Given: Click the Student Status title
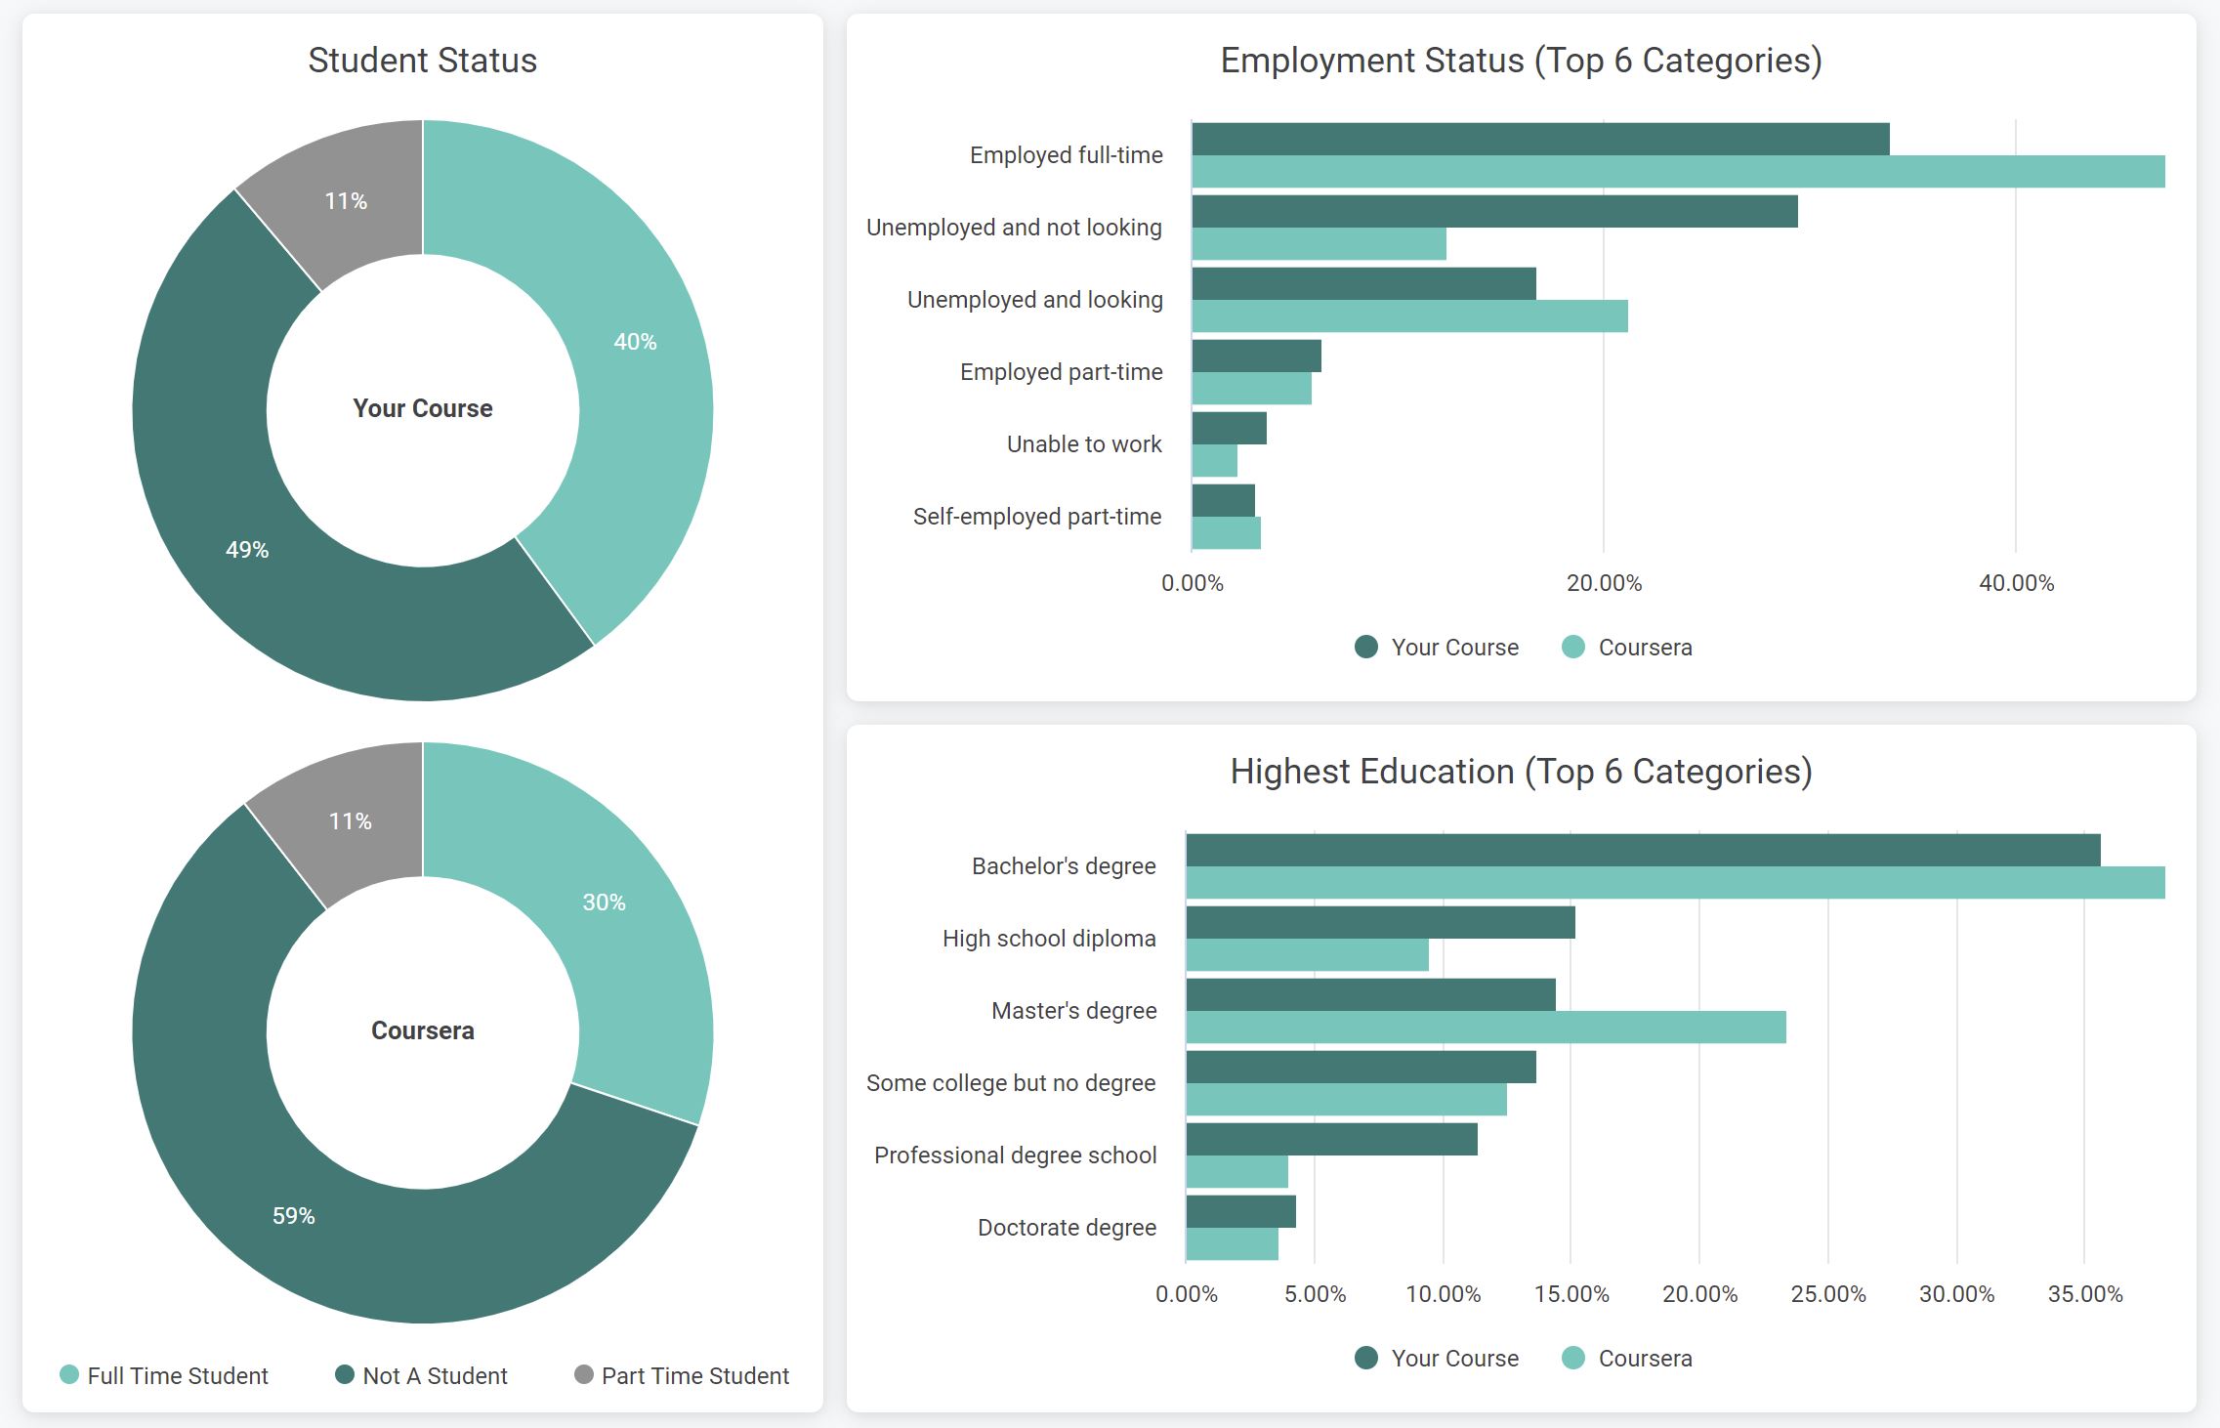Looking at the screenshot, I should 422,61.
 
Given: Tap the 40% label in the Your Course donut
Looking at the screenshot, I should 635,342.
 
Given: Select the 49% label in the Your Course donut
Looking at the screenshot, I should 247,550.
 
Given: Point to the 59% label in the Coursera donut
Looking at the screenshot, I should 293,1216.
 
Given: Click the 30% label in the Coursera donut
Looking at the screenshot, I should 604,903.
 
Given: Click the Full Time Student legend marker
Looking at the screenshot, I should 69,1374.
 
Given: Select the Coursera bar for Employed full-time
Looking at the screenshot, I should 1677,172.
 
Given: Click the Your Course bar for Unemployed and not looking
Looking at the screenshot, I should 1494,212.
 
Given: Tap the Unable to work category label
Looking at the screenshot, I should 1084,444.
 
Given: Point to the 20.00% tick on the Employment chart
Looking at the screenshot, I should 1604,583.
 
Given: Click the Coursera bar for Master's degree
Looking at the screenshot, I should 1486,1028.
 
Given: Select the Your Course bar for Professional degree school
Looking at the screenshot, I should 1331,1140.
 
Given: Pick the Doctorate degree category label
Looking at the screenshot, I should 1067,1228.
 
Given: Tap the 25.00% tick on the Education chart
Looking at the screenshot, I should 1827,1294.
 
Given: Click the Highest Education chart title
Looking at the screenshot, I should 1521,772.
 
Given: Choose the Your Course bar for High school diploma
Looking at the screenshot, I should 1380,923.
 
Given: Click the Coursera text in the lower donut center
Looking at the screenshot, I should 422,1030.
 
